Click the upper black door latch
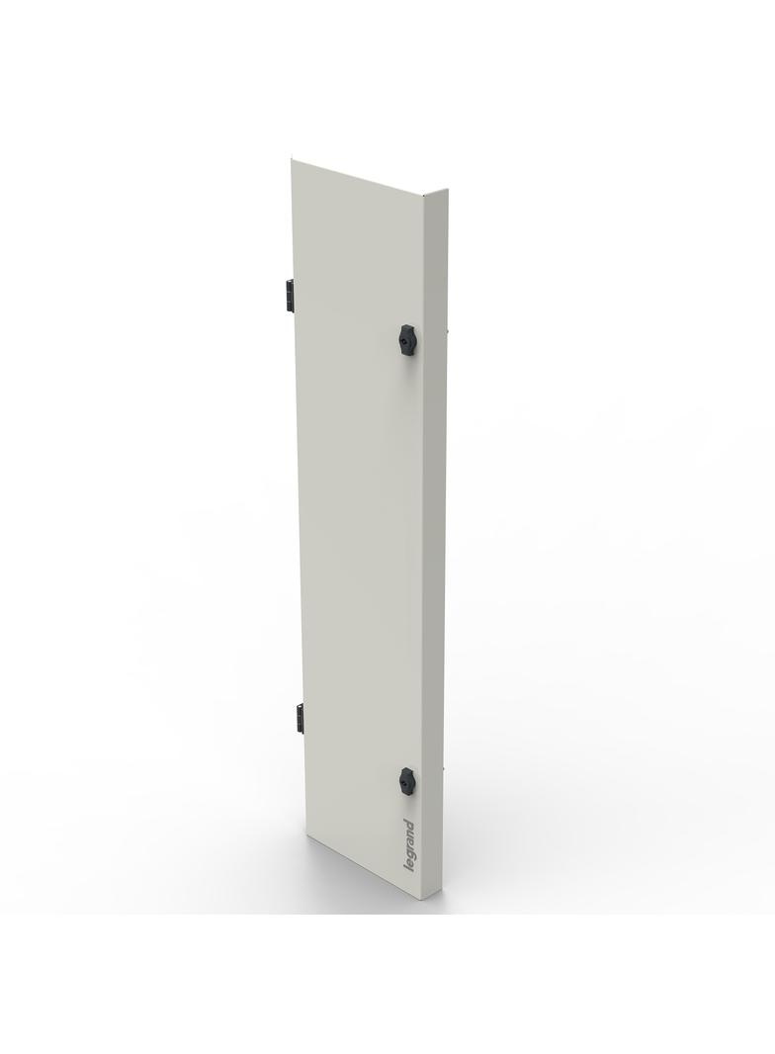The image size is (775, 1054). tap(406, 339)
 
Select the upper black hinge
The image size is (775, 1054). tap(288, 293)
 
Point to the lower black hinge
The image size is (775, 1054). tap(296, 718)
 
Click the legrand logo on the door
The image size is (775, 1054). tap(409, 847)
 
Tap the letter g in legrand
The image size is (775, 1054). tap(410, 856)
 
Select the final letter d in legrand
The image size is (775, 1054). tap(408, 825)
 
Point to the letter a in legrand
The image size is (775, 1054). tap(409, 840)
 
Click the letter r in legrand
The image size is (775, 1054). tap(409, 848)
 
